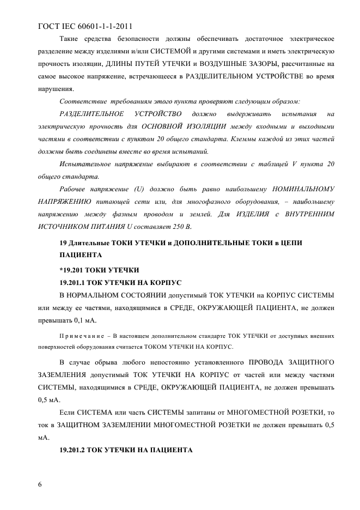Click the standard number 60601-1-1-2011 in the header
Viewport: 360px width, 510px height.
pyautogui.click(x=102, y=26)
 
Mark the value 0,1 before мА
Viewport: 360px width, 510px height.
pyautogui.click(x=72, y=320)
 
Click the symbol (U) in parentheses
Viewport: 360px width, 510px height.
pyautogui.click(x=138, y=189)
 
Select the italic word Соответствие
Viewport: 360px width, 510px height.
pyautogui.click(x=82, y=101)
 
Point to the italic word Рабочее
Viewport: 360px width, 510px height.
pyautogui.click(x=74, y=189)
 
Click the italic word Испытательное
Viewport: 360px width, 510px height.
pyautogui.click(x=85, y=164)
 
